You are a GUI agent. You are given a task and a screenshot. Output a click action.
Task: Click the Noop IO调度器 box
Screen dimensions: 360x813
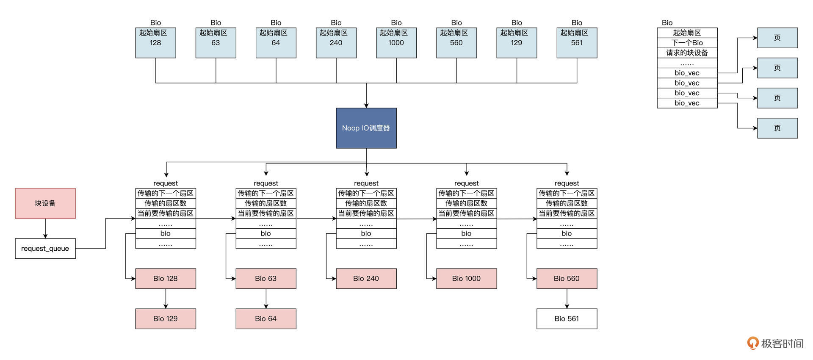[366, 128]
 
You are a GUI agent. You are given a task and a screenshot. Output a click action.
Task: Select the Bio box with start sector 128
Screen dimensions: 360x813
[155, 42]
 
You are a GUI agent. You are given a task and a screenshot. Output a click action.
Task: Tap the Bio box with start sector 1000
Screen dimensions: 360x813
[396, 42]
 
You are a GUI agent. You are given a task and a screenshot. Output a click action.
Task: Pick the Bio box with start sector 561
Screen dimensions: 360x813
[577, 42]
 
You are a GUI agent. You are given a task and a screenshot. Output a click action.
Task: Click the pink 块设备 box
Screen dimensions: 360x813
[45, 203]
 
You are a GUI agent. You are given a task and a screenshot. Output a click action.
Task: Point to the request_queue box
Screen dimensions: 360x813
[45, 249]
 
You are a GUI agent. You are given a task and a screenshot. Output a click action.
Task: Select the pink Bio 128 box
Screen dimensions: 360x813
[166, 279]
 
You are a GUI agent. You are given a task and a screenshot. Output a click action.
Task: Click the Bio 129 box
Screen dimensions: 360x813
[166, 318]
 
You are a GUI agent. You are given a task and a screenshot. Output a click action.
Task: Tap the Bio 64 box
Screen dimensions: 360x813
[266, 318]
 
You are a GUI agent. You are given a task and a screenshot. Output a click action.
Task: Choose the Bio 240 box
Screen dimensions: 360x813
[366, 279]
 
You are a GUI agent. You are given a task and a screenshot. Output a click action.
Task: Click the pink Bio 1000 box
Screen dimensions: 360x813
[466, 279]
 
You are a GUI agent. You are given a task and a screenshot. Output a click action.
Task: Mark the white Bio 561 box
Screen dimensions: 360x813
[567, 318]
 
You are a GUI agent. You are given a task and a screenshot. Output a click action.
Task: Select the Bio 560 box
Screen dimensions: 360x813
[567, 279]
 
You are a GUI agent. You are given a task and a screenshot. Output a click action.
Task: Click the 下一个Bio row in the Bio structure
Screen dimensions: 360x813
[687, 43]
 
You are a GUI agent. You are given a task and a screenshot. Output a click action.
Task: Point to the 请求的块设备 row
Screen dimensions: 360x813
[687, 53]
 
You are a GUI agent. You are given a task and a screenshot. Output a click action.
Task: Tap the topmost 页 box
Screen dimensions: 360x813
[777, 38]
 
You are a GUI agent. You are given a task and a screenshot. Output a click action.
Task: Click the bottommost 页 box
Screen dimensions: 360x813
[777, 128]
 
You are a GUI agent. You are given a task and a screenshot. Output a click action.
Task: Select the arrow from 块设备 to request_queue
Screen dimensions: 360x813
[45, 229]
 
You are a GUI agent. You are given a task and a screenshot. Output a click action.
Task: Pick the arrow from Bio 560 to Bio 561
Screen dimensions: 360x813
[567, 299]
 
